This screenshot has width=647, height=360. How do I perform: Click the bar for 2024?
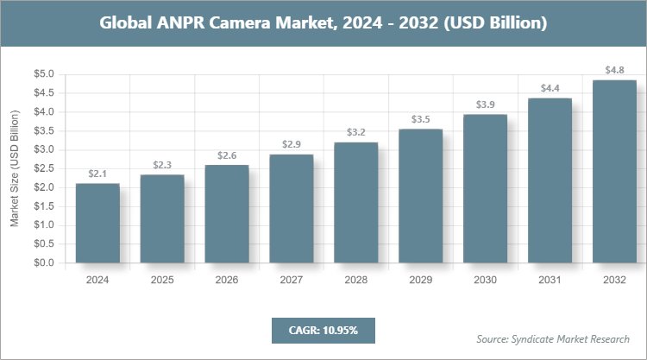click(97, 223)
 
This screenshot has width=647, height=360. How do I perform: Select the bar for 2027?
click(291, 208)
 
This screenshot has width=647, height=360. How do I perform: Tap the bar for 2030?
click(485, 188)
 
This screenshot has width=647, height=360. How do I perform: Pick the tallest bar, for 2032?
click(614, 171)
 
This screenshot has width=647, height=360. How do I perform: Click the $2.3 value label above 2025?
click(162, 165)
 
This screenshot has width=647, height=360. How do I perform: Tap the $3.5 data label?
click(420, 119)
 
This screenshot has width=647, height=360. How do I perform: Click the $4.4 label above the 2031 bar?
click(550, 88)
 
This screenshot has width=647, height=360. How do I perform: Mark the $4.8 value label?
click(614, 70)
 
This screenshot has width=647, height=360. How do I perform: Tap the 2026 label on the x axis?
click(226, 280)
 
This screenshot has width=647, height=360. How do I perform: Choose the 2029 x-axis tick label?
click(420, 280)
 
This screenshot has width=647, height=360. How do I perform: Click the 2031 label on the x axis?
click(550, 280)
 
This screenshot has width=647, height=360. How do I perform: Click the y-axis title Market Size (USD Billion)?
click(15, 168)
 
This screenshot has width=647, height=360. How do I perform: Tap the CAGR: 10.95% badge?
click(323, 330)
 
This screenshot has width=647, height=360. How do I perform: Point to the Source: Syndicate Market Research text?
click(553, 338)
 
